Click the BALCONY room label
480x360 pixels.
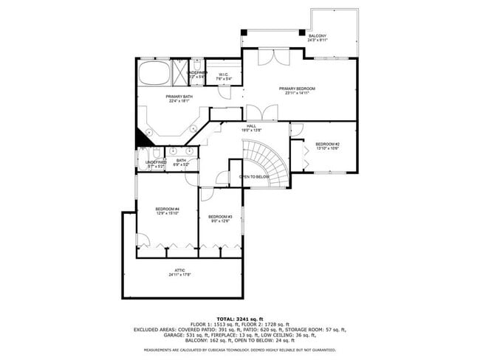click(x=318, y=36)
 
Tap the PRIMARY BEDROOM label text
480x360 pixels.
click(x=298, y=89)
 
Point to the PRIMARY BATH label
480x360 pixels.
click(x=179, y=97)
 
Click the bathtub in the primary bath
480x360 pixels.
click(x=154, y=74)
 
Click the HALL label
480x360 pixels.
click(x=251, y=126)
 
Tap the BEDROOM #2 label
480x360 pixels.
click(x=327, y=144)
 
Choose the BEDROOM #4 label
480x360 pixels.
click(x=167, y=210)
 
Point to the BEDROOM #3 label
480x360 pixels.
click(x=221, y=216)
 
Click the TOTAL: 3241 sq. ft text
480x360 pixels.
click(x=239, y=318)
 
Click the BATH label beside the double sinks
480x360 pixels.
click(x=181, y=160)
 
